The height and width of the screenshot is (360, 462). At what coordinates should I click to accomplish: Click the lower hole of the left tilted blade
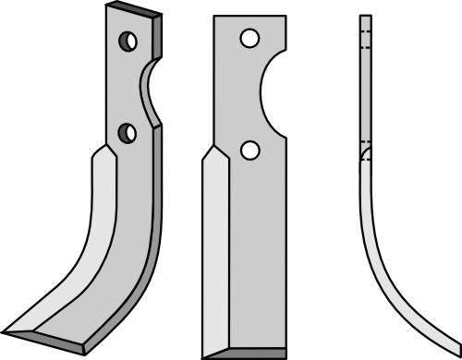point(128,133)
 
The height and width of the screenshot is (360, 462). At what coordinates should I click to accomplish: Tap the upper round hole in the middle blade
point(247,38)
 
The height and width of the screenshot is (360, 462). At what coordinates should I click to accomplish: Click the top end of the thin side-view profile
point(364,17)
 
